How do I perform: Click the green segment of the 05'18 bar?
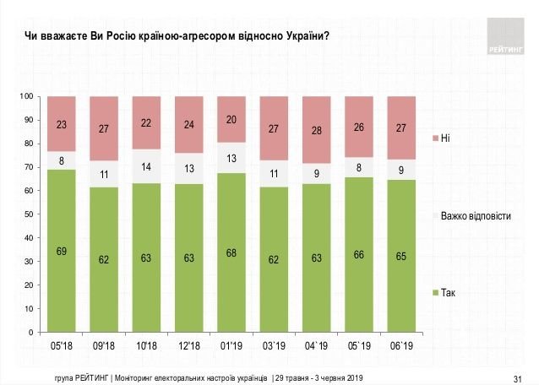[62, 251]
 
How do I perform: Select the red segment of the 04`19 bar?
[315, 130]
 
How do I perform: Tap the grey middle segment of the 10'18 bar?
[146, 167]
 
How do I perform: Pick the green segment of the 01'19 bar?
[231, 252]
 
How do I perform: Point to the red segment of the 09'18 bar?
[104, 129]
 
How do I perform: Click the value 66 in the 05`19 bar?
[357, 254]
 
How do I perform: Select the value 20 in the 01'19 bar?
[231, 120]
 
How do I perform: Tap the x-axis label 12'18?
[188, 345]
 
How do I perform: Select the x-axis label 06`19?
[400, 345]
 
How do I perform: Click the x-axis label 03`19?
[273, 345]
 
